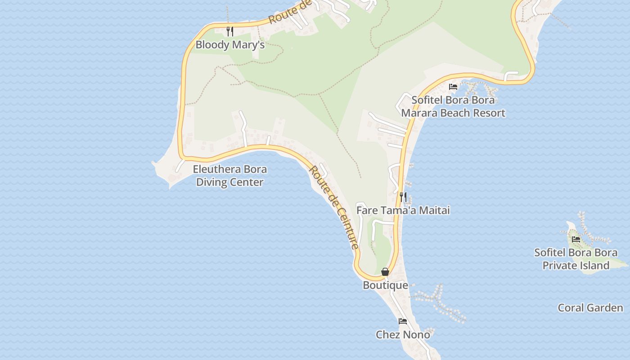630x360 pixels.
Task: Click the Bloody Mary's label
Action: pyautogui.click(x=229, y=45)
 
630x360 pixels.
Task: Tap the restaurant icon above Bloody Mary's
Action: pyautogui.click(x=229, y=31)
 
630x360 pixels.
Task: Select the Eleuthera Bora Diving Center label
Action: pyautogui.click(x=229, y=175)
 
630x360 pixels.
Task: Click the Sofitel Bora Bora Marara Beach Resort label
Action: pyautogui.click(x=453, y=107)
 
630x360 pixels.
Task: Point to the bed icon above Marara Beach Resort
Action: pyautogui.click(x=453, y=86)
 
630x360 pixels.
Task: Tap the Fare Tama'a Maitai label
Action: pyautogui.click(x=403, y=210)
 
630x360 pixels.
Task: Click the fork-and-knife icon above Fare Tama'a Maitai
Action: pyautogui.click(x=403, y=197)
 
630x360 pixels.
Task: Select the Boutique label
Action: pyautogui.click(x=385, y=285)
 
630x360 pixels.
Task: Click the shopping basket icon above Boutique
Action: pyautogui.click(x=385, y=272)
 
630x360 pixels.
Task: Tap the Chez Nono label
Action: pyautogui.click(x=403, y=335)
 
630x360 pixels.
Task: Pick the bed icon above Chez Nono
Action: pyautogui.click(x=403, y=321)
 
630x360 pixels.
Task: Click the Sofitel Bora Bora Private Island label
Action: pyautogui.click(x=576, y=259)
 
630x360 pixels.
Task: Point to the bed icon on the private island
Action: pyautogui.click(x=576, y=239)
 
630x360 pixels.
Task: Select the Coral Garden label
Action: pyautogui.click(x=590, y=308)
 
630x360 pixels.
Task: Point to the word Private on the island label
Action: pyautogui.click(x=560, y=265)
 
